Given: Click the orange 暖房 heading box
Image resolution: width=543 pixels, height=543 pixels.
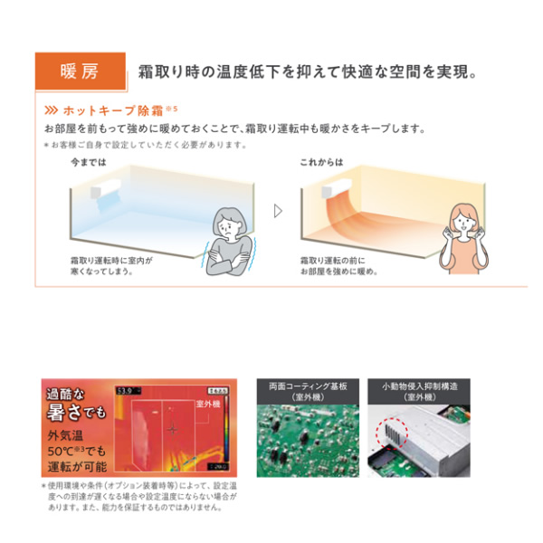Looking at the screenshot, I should [x=78, y=71].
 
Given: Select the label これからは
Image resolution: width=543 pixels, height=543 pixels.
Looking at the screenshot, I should [x=321, y=162].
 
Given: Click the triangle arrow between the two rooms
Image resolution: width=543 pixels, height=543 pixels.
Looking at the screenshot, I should [x=278, y=210].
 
